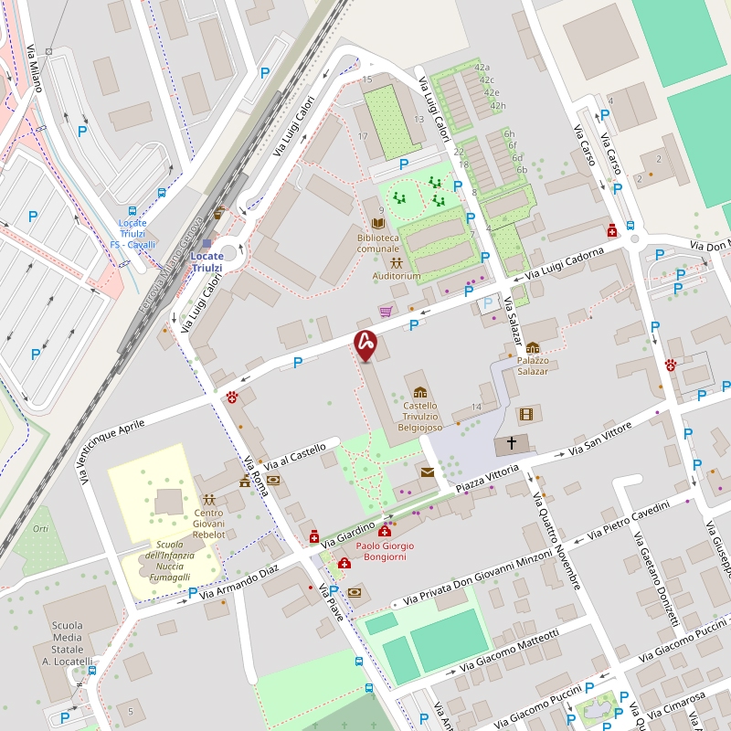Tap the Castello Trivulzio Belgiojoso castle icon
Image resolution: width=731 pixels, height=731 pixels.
420,392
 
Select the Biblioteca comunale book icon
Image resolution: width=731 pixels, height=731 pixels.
378,223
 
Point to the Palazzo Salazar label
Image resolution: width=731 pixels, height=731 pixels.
533,365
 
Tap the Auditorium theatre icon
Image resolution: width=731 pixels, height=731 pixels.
397,263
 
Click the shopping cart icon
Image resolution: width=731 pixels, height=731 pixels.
386,312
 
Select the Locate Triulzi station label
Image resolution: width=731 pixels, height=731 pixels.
207,261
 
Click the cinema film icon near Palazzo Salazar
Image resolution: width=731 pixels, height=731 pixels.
525,414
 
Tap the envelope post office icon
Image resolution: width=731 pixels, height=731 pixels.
427,471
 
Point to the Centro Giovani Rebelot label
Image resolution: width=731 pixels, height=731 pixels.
208,523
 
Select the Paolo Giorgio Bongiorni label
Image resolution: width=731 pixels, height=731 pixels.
384,551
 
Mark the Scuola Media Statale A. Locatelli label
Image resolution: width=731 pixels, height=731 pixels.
68,643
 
